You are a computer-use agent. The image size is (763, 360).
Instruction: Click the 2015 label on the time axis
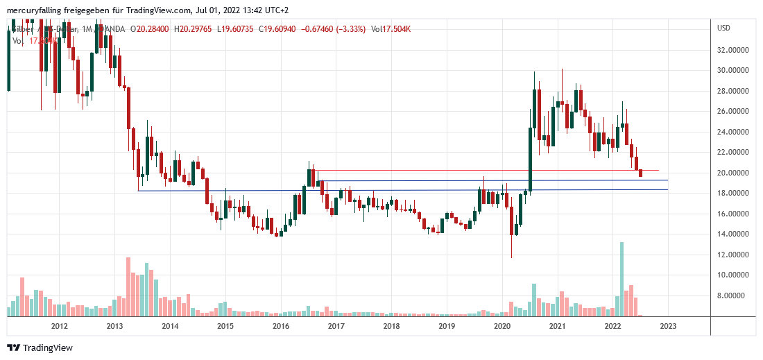(x=225, y=325)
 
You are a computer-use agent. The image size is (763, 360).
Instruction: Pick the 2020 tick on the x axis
(x=501, y=325)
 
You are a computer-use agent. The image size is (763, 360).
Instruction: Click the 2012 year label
(x=59, y=325)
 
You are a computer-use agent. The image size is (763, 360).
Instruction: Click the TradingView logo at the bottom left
(x=40, y=348)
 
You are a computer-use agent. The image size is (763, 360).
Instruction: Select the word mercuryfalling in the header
(x=32, y=10)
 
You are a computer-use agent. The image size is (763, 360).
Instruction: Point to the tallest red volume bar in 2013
(x=128, y=286)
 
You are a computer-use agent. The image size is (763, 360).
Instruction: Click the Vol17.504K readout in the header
(x=392, y=29)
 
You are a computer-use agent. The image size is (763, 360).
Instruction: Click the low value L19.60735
(x=238, y=29)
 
